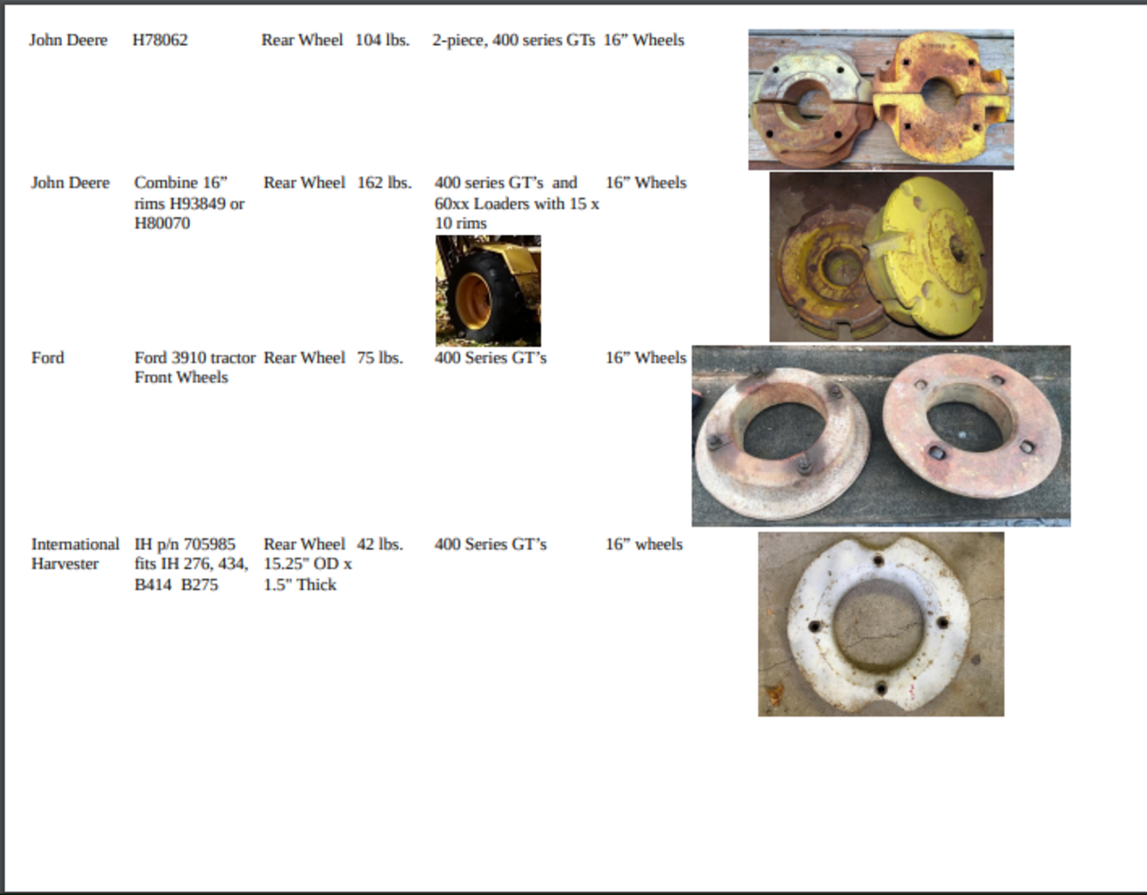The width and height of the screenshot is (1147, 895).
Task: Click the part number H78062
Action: tap(160, 40)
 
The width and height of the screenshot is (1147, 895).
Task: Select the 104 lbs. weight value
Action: tap(382, 40)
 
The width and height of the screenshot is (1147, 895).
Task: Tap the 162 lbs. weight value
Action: tap(384, 183)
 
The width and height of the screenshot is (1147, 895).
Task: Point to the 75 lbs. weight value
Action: tap(380, 358)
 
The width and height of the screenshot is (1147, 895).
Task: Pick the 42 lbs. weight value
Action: tap(380, 544)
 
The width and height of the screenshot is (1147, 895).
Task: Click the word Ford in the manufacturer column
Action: tap(47, 358)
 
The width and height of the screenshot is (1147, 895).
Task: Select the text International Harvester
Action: tap(75, 554)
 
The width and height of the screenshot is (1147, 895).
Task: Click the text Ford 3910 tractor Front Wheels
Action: tap(194, 368)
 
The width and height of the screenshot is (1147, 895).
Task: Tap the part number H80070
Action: tap(162, 223)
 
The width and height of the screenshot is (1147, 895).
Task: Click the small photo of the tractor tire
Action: tap(488, 291)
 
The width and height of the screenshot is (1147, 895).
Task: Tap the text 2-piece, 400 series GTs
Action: tap(513, 40)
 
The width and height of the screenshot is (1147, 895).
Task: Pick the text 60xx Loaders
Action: tap(481, 204)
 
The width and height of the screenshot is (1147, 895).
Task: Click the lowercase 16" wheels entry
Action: tap(644, 544)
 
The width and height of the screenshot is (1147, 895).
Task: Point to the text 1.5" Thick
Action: tap(300, 585)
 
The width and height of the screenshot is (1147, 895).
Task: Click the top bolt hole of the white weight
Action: tap(879, 560)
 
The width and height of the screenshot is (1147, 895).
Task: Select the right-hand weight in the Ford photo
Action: tap(971, 425)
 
